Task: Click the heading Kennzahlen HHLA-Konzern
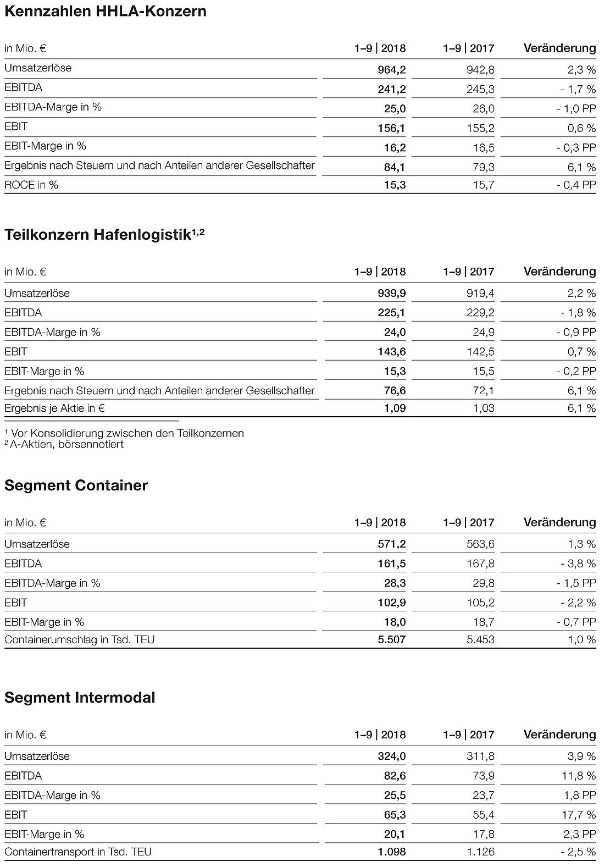point(105,11)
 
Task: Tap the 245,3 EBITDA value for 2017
point(480,89)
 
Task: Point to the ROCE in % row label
point(31,185)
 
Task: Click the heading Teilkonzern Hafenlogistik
point(104,235)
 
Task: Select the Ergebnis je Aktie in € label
point(54,408)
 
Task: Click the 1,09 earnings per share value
point(395,408)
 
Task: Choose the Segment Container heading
point(76,485)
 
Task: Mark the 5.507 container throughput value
point(391,640)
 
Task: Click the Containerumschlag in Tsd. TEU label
point(79,640)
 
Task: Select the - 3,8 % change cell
point(578,564)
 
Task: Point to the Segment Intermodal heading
point(80,698)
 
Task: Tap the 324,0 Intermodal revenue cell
point(391,756)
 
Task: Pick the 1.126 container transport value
point(480,852)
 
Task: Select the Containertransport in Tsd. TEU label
point(78,852)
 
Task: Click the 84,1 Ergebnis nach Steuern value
point(395,167)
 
